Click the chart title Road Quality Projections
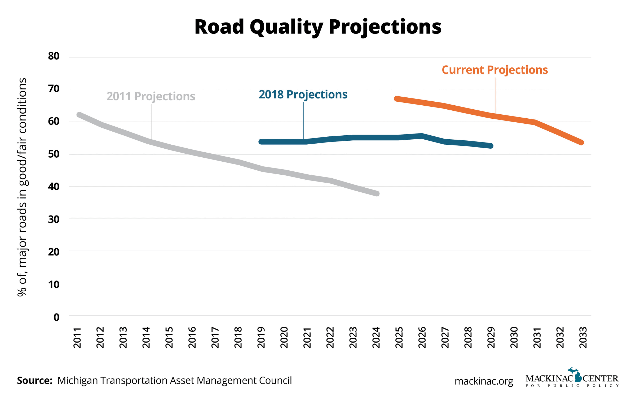[x=318, y=27]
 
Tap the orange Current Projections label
[x=494, y=70]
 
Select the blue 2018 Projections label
[x=303, y=95]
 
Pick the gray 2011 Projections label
[x=151, y=96]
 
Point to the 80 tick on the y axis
[x=54, y=56]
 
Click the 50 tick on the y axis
[x=54, y=154]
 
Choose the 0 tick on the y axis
[x=56, y=317]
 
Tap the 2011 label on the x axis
[x=77, y=338]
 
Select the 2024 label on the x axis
[x=376, y=338]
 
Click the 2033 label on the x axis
[x=583, y=338]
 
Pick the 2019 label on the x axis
[x=261, y=338]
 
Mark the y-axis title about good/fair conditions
[x=22, y=187]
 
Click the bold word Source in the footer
[x=34, y=381]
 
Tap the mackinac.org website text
[x=484, y=381]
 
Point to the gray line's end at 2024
[x=377, y=194]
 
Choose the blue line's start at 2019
[x=261, y=142]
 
